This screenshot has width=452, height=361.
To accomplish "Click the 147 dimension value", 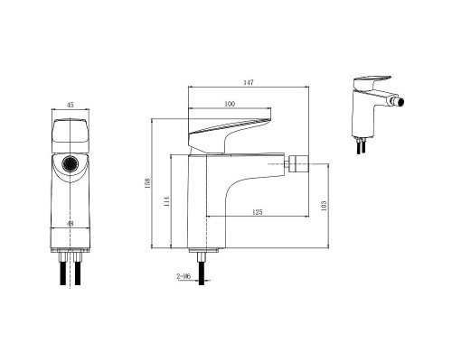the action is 249,82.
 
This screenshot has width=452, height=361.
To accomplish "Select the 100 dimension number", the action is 230,104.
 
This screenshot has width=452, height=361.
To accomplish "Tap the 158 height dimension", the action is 147,183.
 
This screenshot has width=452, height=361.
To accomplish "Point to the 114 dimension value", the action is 166,201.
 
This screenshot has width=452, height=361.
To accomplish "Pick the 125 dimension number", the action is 257,212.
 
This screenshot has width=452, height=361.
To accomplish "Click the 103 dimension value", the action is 324,206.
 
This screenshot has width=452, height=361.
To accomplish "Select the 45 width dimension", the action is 70,105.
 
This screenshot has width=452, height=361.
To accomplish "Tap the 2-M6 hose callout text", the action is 184,276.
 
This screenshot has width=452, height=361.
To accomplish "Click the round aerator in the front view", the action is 71,164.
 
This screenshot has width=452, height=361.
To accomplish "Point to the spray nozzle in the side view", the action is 297,164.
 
